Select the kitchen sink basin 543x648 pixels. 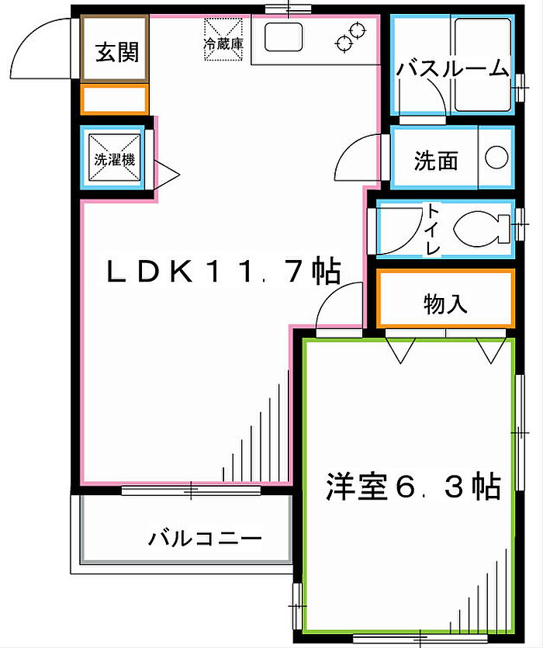pyautogui.click(x=285, y=36)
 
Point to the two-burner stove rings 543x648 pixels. pyautogui.click(x=351, y=36)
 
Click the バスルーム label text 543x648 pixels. pyautogui.click(x=451, y=68)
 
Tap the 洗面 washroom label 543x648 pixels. pyautogui.click(x=435, y=161)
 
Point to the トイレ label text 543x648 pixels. pyautogui.click(x=432, y=228)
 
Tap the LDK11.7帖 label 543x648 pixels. pyautogui.click(x=223, y=271)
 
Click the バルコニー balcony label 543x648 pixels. pyautogui.click(x=206, y=538)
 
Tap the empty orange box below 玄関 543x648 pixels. pyautogui.click(x=114, y=100)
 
